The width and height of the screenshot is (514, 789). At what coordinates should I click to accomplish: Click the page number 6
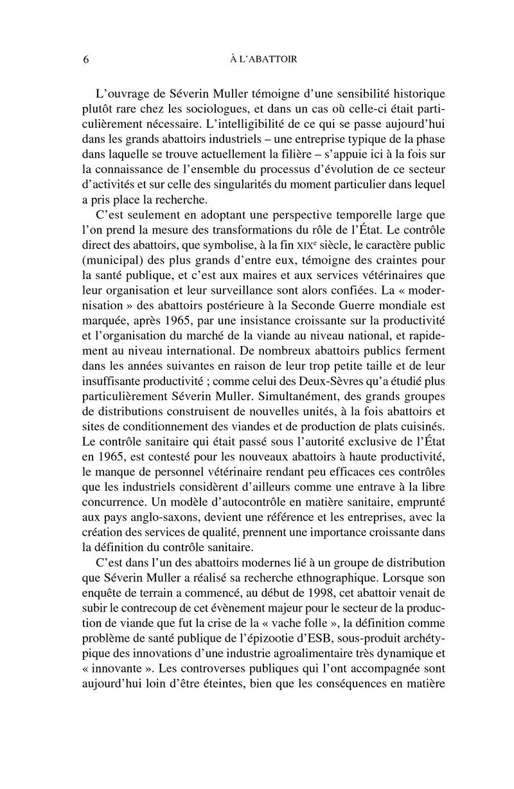(x=85, y=60)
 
